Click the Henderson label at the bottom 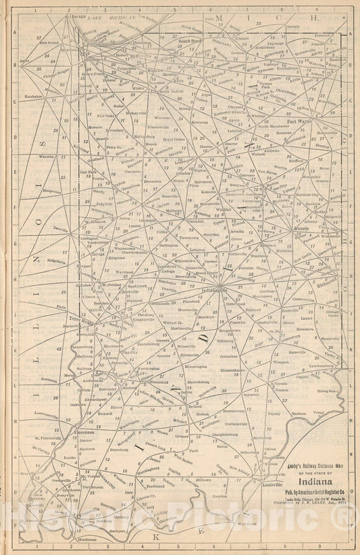pos(80,539)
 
